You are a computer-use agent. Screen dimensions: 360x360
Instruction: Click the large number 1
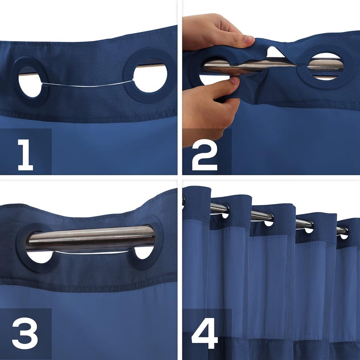[26, 155]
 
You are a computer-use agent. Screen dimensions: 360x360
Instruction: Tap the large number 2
[205, 155]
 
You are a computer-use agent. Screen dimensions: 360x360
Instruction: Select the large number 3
[25, 333]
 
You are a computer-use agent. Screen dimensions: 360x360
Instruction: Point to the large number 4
[205, 333]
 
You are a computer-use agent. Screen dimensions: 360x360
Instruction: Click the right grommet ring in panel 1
[128, 76]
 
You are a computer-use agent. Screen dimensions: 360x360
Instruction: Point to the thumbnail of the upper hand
[249, 40]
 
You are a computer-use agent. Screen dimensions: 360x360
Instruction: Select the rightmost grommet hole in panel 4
[344, 235]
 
